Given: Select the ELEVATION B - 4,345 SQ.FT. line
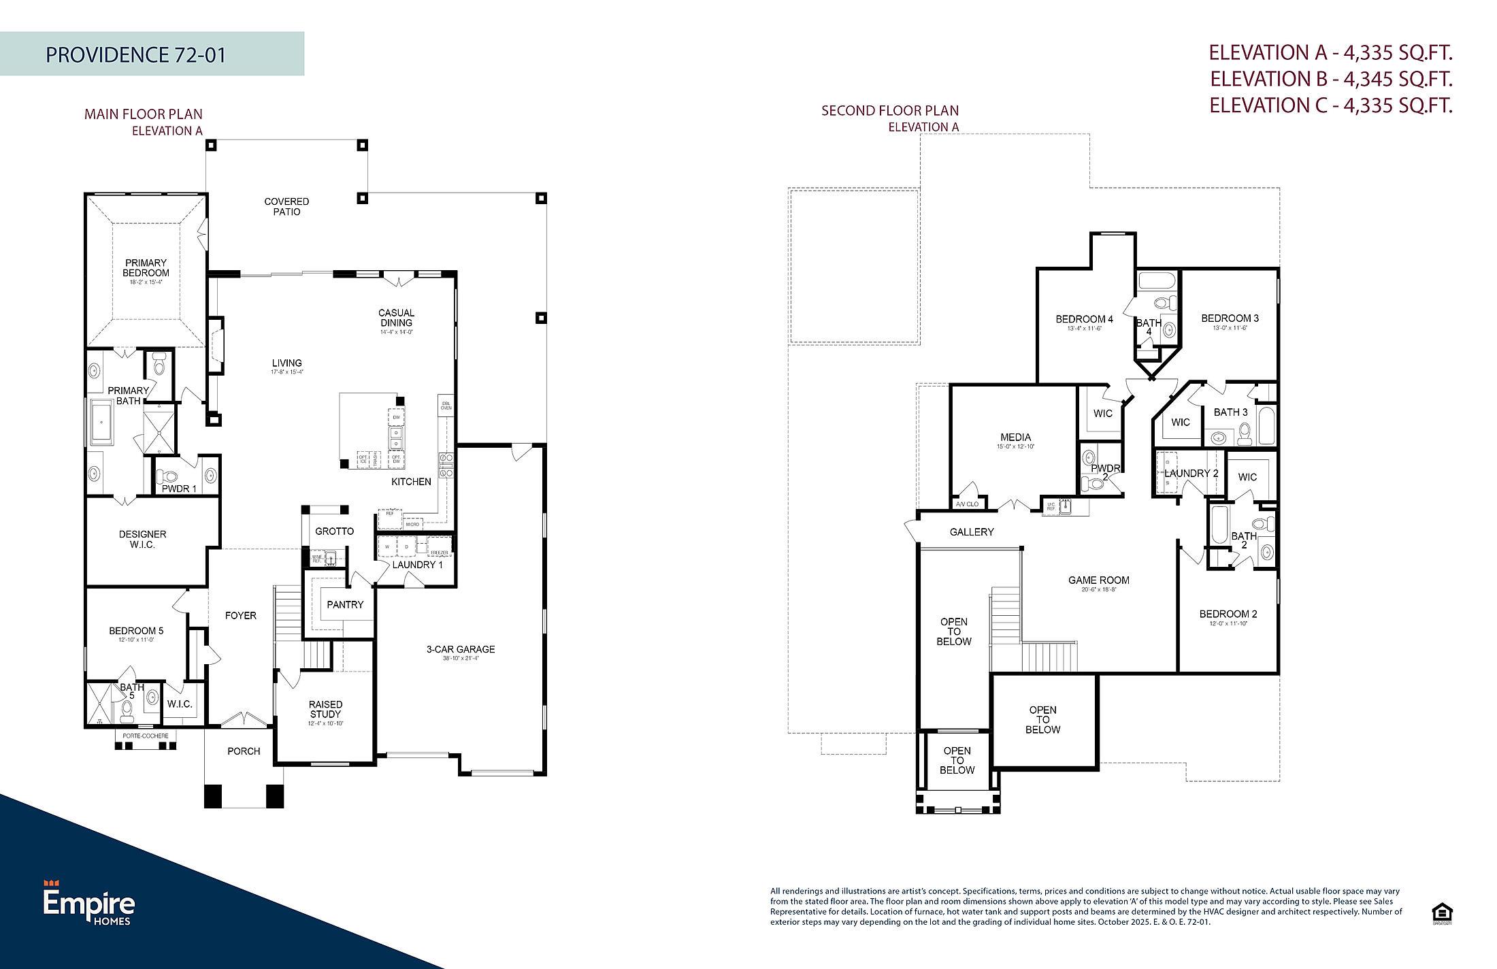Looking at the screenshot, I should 1330,79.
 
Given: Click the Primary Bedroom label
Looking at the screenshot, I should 146,268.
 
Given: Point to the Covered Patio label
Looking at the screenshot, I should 286,206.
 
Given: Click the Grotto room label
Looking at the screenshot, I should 334,531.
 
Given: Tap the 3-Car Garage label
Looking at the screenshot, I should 461,649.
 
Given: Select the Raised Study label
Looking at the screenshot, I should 325,709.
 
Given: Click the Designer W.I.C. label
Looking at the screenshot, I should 142,539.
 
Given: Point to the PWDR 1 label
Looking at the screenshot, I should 179,489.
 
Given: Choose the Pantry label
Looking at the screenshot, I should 345,604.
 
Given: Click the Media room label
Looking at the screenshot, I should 1015,438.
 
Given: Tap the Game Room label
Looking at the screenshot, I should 1098,580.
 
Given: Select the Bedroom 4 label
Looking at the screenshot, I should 1084,319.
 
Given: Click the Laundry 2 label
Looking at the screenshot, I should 1191,473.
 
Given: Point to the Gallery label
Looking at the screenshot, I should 972,532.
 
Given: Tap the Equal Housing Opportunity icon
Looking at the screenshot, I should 1441,913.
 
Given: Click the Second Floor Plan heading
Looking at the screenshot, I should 890,110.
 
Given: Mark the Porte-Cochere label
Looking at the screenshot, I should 145,736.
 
